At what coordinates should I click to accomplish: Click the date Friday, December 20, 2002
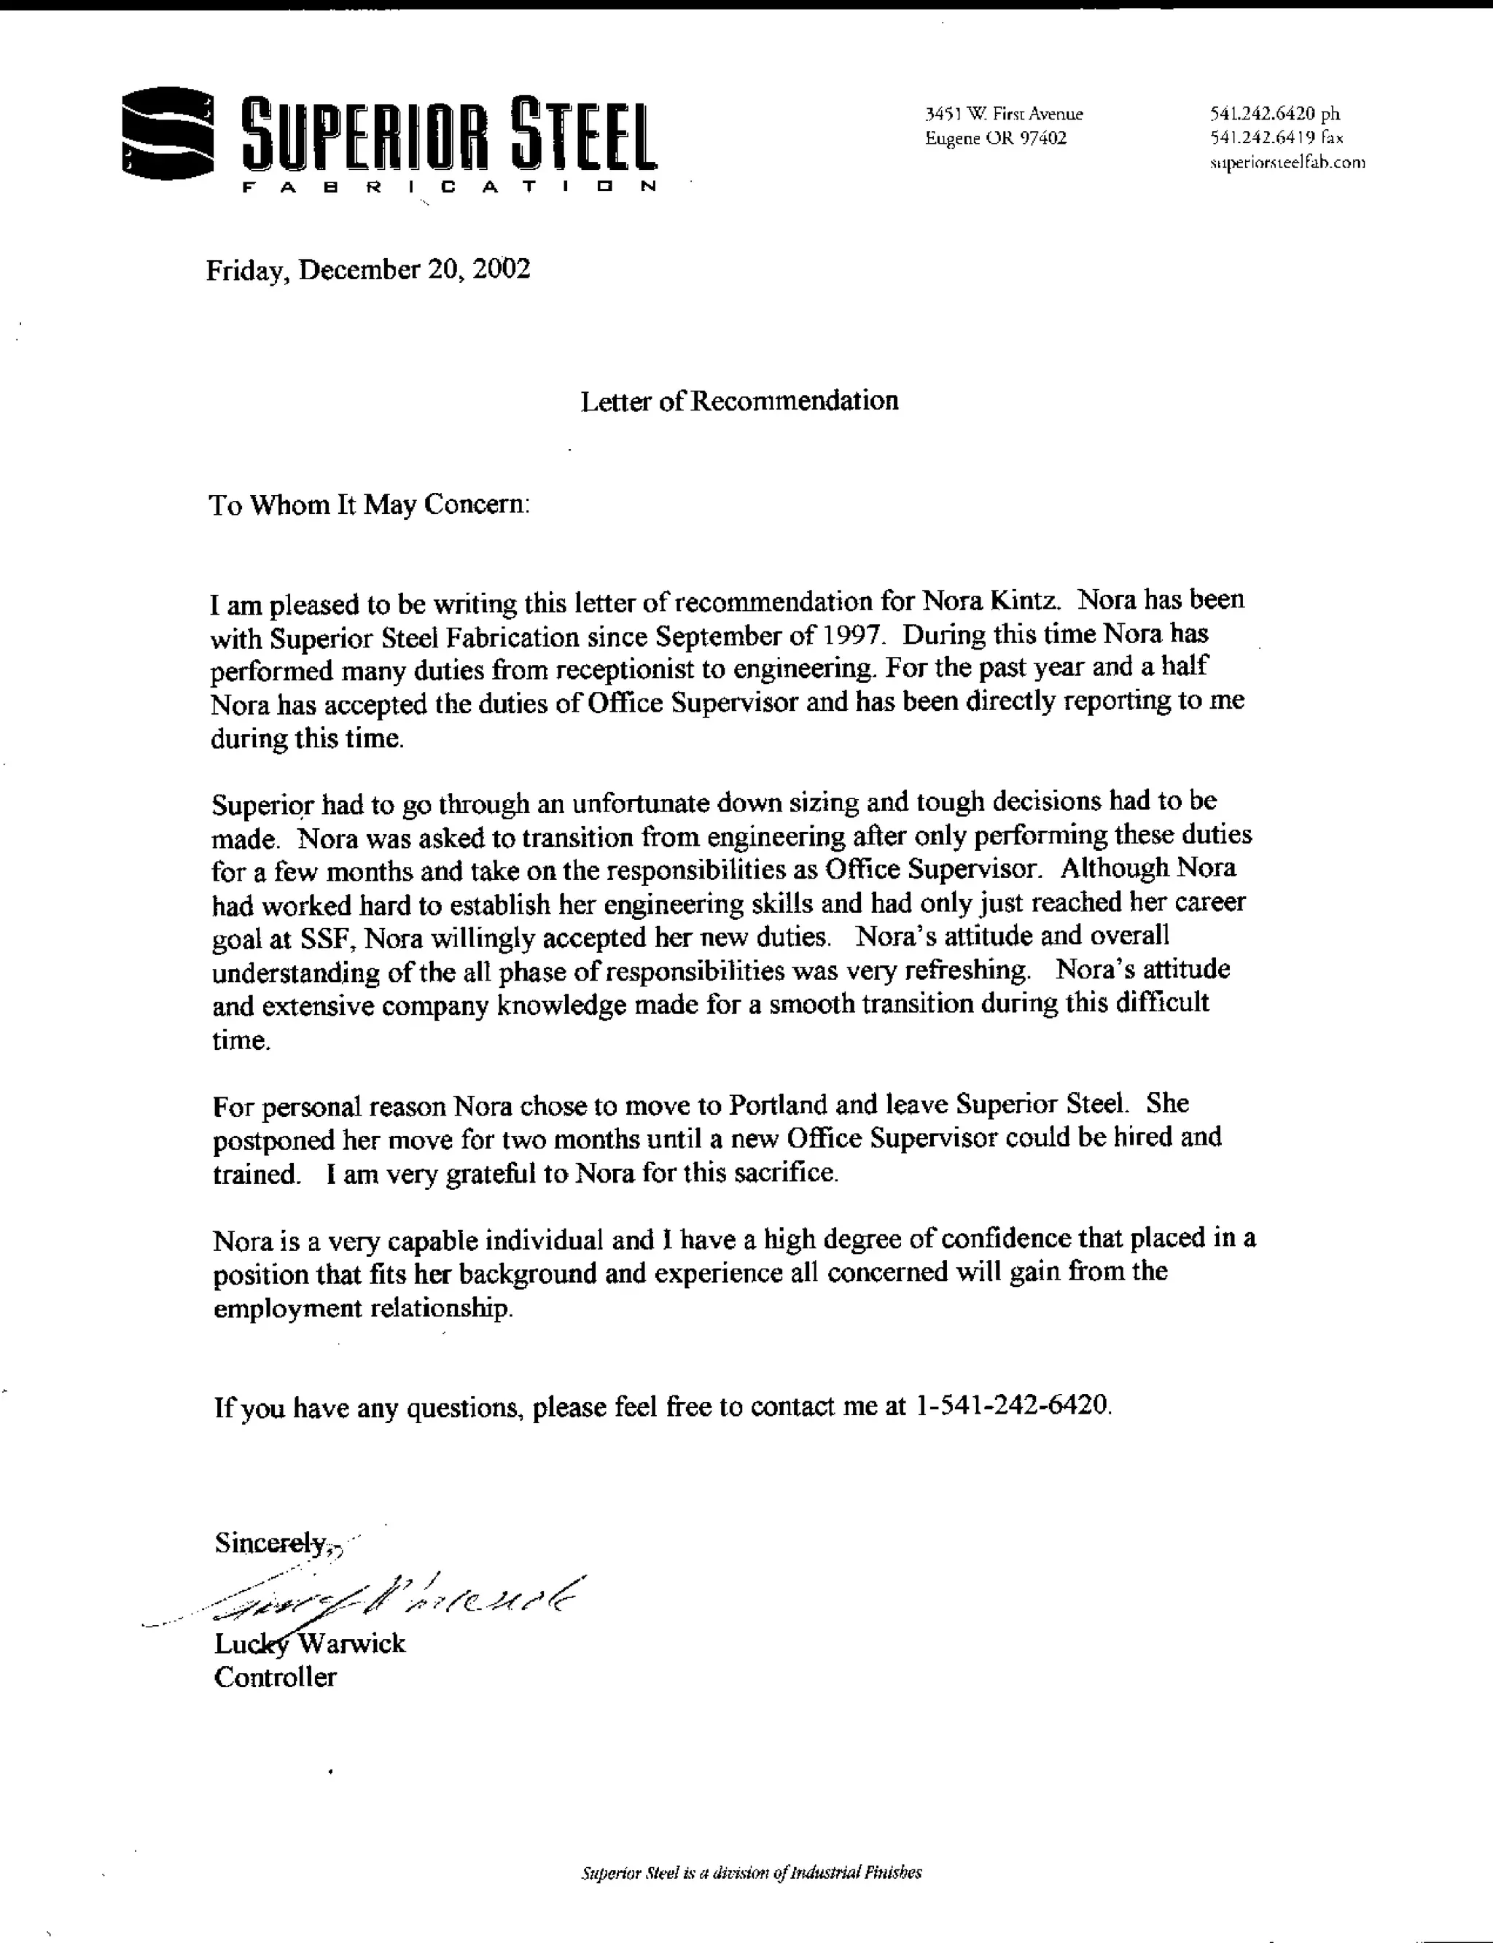tap(368, 269)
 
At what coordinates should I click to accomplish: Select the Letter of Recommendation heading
tap(739, 402)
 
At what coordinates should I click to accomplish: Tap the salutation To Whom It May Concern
tap(369, 505)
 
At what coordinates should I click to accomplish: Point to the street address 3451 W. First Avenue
tap(1005, 114)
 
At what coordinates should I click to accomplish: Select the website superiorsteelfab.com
tap(1287, 163)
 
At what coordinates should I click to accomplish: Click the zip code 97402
tap(1042, 138)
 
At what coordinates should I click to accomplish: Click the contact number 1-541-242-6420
tap(1012, 1406)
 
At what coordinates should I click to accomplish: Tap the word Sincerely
tap(272, 1542)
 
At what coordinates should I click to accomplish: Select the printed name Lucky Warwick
tap(309, 1643)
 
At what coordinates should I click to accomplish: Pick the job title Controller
tap(276, 1677)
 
